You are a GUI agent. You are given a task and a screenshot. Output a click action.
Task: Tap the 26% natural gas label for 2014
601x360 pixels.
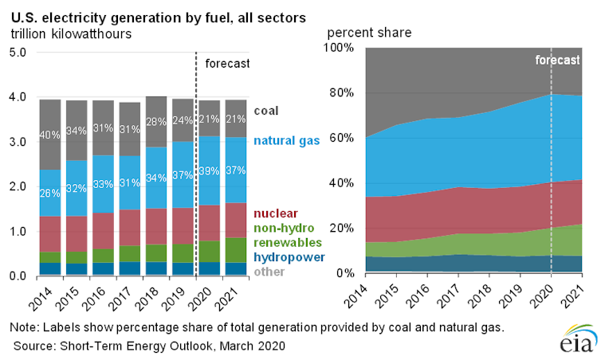[50, 192]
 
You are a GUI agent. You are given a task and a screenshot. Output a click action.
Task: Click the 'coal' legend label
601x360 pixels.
[267, 112]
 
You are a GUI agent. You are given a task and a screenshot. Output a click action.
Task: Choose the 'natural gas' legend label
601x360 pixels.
[287, 141]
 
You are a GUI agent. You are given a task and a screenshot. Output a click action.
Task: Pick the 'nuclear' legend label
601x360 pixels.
[277, 213]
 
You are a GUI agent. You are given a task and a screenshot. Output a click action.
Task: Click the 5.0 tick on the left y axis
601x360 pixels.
[18, 53]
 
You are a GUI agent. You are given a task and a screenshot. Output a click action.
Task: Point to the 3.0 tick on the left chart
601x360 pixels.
[18, 142]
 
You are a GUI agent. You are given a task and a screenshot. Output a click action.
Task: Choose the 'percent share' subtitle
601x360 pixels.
[369, 33]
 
